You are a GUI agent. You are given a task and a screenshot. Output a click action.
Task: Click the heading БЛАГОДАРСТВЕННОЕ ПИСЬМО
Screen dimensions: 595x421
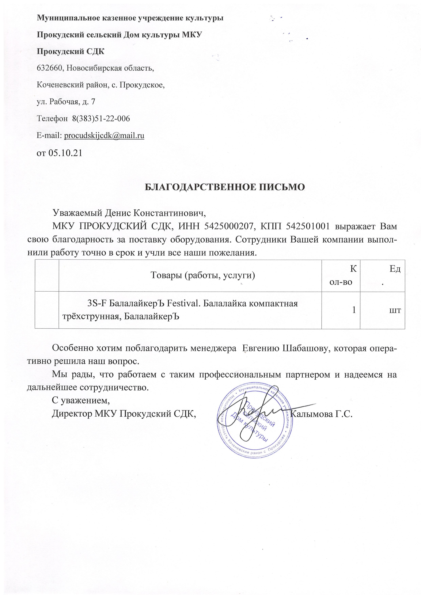point(224,187)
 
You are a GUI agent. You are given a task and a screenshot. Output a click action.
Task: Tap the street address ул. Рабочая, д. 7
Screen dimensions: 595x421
point(66,102)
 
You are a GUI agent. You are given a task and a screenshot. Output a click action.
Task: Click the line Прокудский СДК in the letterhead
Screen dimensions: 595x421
point(71,51)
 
